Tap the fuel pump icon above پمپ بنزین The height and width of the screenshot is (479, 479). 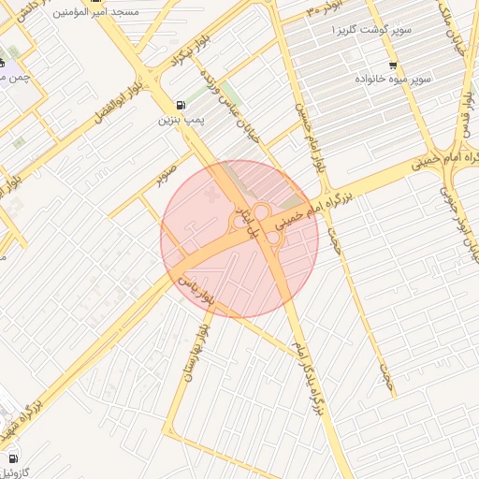click(x=180, y=104)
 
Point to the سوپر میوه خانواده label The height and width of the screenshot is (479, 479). click(x=393, y=80)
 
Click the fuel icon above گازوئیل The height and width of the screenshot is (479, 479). click(x=12, y=458)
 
